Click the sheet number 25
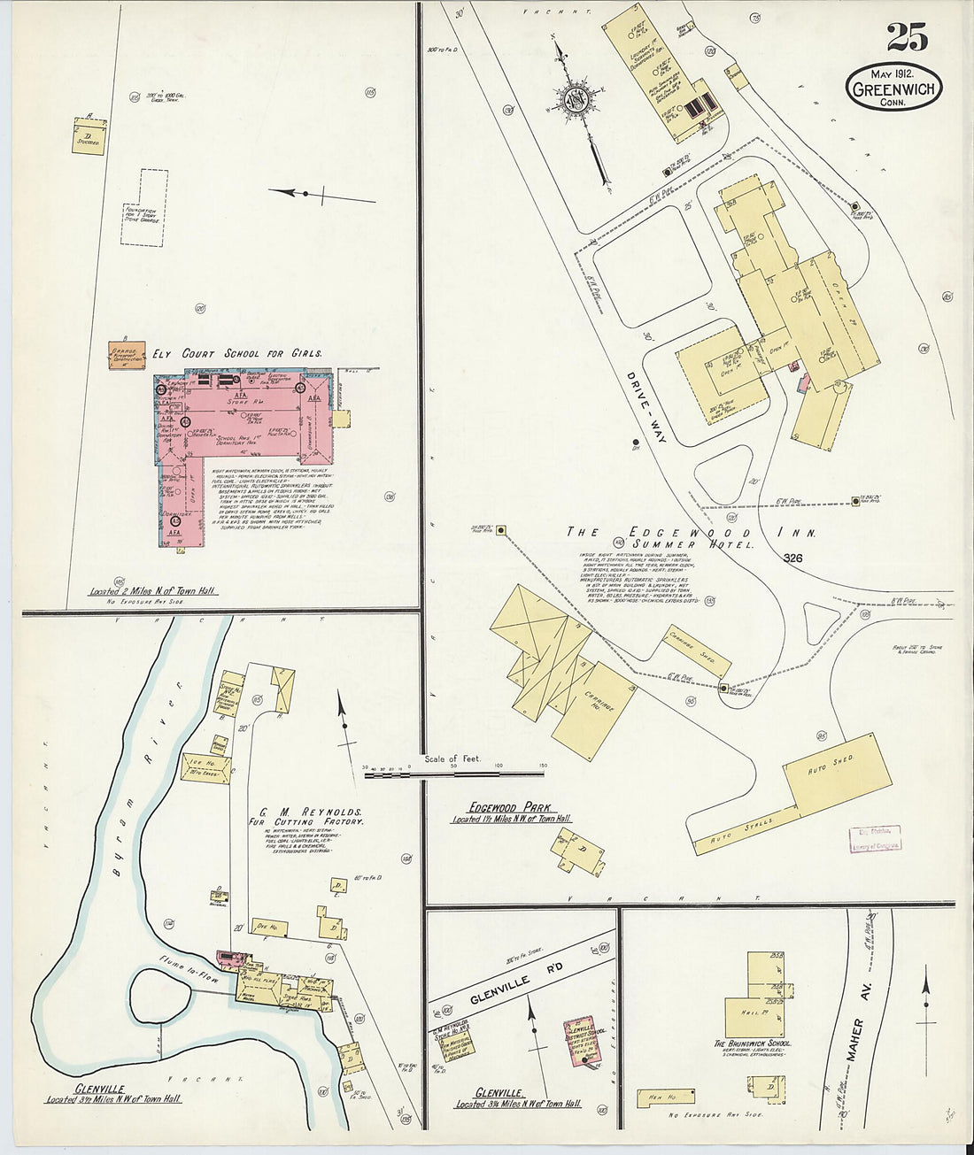point(907,38)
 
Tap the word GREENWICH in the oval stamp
point(893,88)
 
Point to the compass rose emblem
point(576,103)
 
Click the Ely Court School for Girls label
point(236,353)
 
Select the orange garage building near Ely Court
point(126,353)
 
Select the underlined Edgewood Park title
point(507,807)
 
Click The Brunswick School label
point(753,1043)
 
